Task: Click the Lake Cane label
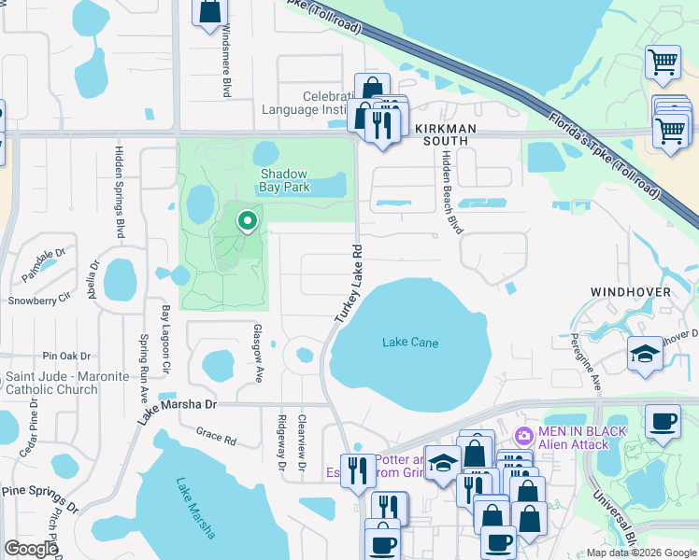pos(410,343)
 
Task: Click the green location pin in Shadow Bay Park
pos(247,221)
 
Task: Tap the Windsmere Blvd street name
pos(225,62)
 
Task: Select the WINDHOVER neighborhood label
pos(630,292)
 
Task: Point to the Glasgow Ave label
pos(259,353)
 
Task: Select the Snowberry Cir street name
pos(39,301)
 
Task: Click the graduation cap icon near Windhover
pos(645,354)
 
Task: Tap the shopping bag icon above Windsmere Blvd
pos(210,10)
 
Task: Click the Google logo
pos(31,549)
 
